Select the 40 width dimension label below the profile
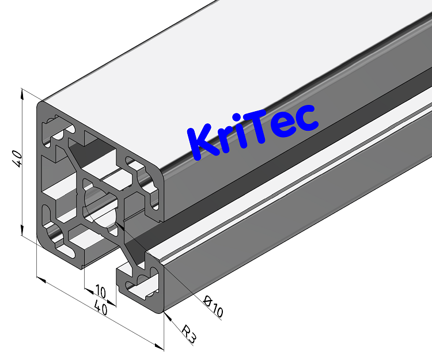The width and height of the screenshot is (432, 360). (x=101, y=309)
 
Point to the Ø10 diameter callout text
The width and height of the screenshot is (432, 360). (x=214, y=310)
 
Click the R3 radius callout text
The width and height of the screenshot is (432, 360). (x=189, y=334)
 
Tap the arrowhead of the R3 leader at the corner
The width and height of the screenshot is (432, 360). (x=165, y=314)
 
